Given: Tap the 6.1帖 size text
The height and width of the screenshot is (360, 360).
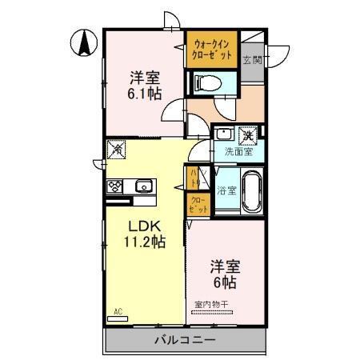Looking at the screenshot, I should [145, 93].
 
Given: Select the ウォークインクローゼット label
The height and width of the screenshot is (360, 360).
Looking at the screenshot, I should [213, 50].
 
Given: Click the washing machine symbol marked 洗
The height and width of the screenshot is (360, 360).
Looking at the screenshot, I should [247, 133].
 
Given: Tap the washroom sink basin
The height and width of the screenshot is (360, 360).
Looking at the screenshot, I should [223, 134].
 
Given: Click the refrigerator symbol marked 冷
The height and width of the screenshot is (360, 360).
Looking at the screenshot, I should [117, 148].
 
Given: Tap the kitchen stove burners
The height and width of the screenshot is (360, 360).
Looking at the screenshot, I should [114, 186].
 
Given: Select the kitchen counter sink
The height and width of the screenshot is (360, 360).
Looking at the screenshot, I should [144, 186].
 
